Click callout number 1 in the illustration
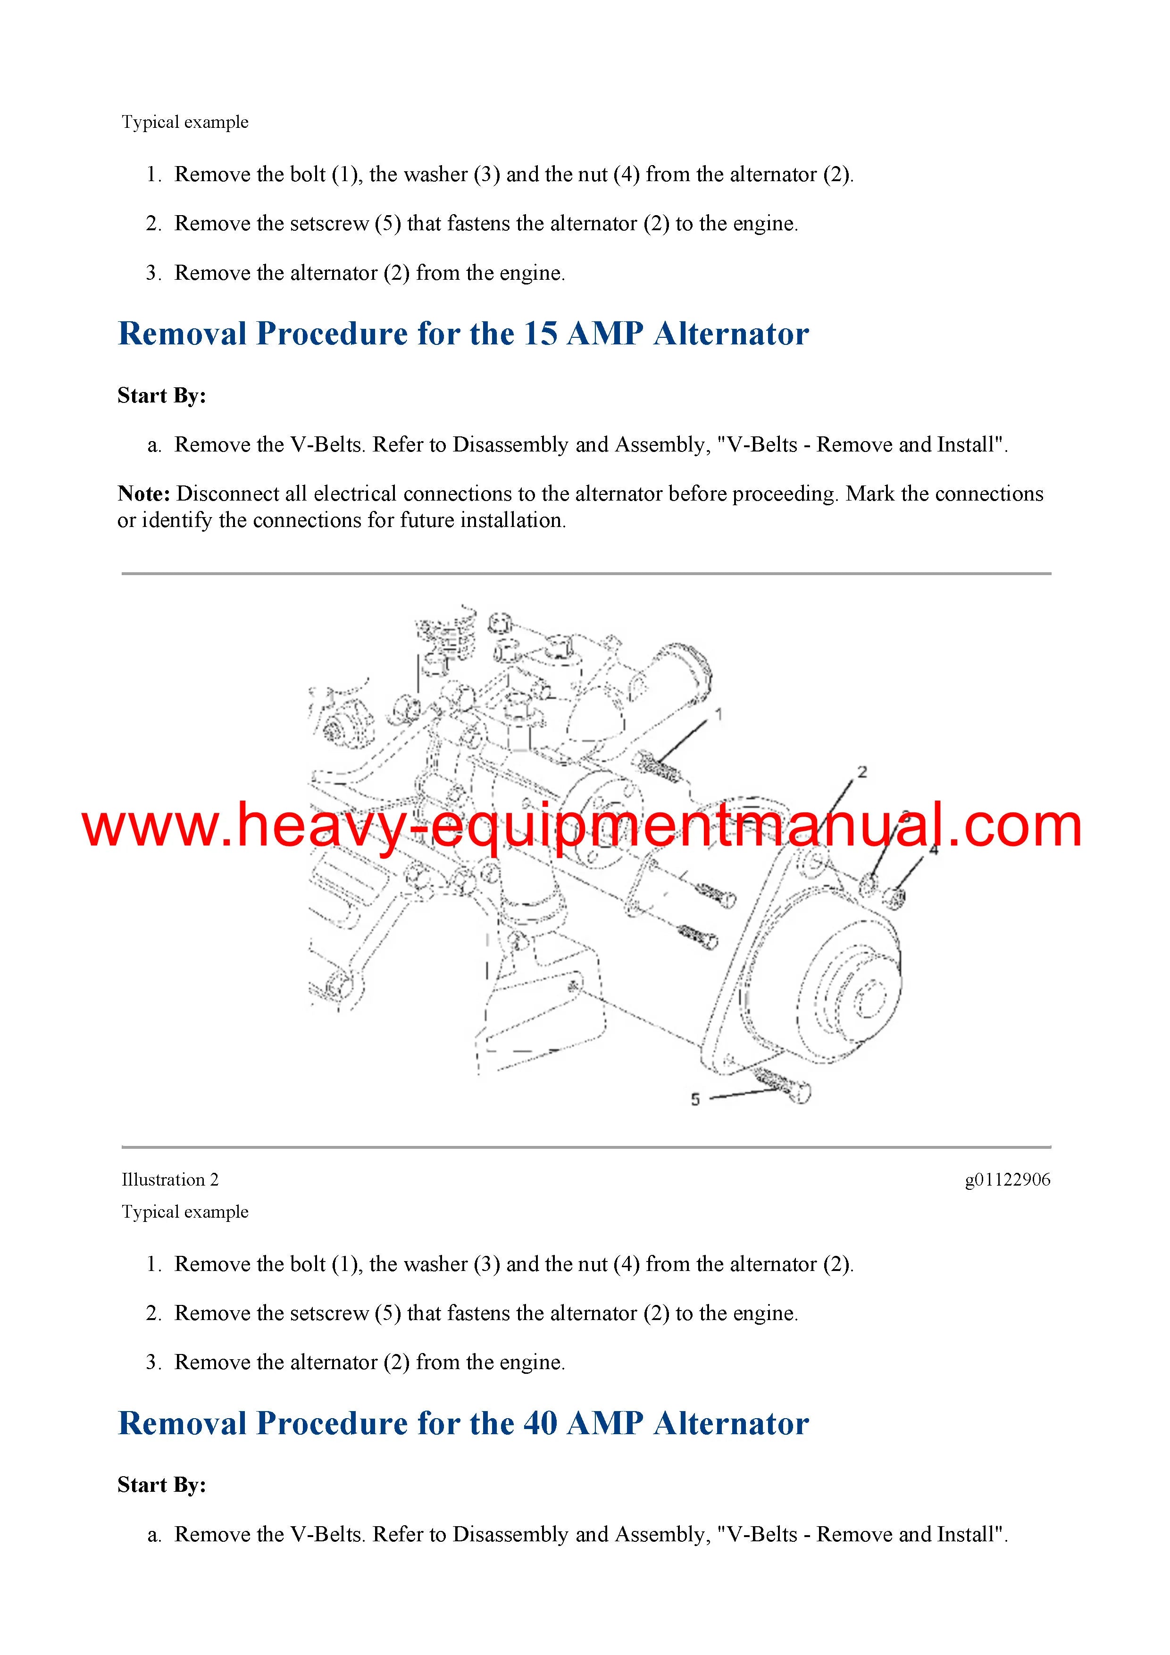point(718,714)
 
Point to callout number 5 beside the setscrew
point(695,1099)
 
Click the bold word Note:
point(143,494)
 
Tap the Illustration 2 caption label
point(170,1180)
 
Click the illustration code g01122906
point(1007,1180)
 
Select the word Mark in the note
point(870,494)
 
